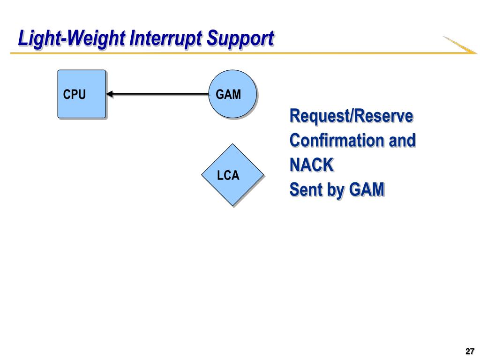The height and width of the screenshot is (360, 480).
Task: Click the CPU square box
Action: point(82,94)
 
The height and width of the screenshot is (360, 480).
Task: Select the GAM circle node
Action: point(232,94)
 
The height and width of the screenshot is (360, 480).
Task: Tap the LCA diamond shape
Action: point(232,175)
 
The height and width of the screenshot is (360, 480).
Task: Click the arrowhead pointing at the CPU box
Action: point(110,94)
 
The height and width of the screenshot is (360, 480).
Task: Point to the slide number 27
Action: point(470,351)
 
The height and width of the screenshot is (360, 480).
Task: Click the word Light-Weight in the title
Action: point(72,39)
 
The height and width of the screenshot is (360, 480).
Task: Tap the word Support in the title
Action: point(240,39)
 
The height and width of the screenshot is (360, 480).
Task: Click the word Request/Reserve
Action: point(351,116)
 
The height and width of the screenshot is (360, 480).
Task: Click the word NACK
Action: point(311,165)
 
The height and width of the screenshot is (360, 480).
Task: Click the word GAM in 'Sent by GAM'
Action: point(367,189)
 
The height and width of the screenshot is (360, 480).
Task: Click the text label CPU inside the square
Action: point(74,94)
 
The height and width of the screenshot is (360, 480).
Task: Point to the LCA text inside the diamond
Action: point(228,175)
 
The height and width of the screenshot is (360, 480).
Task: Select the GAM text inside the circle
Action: point(228,94)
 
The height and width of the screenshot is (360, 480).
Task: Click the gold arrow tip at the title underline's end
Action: point(476,53)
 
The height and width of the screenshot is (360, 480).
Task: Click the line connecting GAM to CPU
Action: point(157,94)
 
